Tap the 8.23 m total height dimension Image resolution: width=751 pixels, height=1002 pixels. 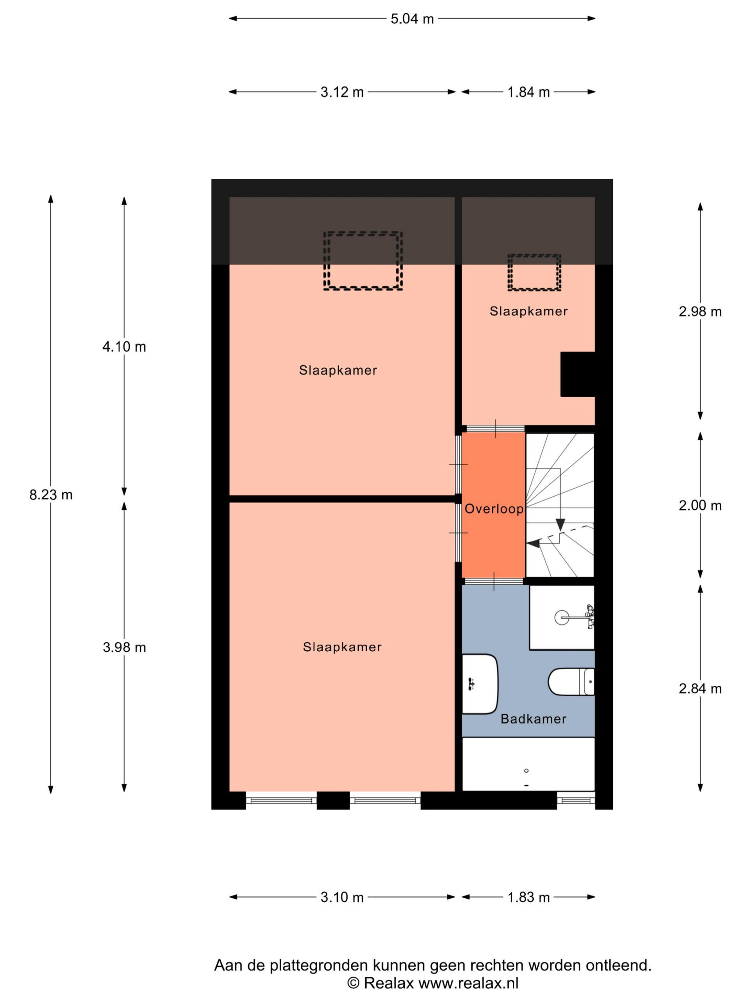(51, 495)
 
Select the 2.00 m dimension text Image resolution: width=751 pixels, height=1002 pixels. (700, 506)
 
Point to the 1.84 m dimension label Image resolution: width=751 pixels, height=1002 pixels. (528, 92)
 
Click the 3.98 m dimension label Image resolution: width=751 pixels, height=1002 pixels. (124, 647)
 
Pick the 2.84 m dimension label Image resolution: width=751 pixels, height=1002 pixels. (700, 688)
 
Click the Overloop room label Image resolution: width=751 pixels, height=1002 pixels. (494, 509)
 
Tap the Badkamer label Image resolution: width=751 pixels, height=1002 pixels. (533, 719)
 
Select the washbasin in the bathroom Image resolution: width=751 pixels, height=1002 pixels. (480, 683)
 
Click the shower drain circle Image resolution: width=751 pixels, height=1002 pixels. (562, 617)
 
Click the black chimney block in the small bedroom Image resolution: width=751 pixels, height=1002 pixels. (578, 374)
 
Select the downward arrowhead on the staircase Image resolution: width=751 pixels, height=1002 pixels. (561, 524)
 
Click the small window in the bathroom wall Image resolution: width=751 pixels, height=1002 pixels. (576, 800)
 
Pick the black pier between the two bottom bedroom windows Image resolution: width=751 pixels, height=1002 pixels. (333, 800)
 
